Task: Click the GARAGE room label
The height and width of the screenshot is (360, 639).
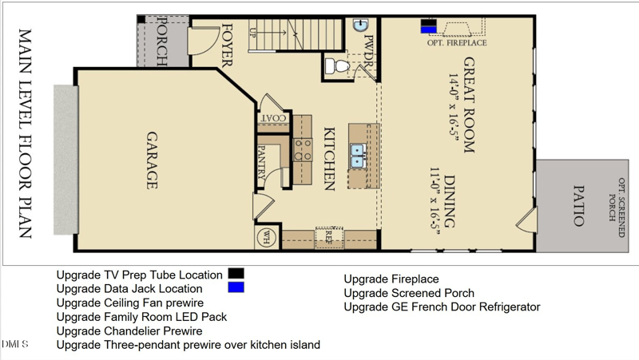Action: point(150,160)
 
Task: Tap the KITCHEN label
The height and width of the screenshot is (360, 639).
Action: point(328,158)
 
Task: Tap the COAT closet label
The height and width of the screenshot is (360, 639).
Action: point(272,119)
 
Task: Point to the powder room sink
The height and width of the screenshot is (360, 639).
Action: point(360,25)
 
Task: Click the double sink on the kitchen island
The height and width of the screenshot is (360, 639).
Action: point(357,156)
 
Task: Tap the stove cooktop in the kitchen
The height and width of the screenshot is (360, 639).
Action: point(303,150)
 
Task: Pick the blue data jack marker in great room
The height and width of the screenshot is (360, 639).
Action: point(429,30)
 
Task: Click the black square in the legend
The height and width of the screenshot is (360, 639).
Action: point(236,274)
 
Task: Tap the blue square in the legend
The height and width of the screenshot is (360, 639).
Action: point(236,287)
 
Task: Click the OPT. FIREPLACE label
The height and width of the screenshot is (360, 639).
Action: point(457,43)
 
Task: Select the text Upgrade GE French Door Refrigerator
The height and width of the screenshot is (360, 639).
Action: point(442,307)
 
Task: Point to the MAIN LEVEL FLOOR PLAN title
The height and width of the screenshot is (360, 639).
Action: point(25,133)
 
